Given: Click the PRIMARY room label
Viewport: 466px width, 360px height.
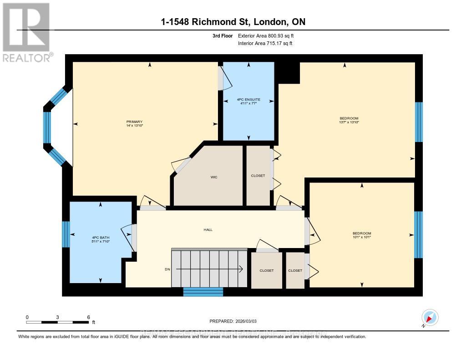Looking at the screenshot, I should (135, 122).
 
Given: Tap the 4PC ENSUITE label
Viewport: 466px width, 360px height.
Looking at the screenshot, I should (248, 99).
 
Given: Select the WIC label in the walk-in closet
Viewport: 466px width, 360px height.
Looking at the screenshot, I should (214, 177).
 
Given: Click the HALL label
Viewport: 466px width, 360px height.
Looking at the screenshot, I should (208, 230).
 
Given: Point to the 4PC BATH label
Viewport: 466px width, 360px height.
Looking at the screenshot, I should (101, 238).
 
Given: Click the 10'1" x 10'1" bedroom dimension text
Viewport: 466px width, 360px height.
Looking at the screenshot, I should (362, 237).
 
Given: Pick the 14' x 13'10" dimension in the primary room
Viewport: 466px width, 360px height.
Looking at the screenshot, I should (135, 126).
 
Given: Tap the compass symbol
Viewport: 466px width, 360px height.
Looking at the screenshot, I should (430, 317).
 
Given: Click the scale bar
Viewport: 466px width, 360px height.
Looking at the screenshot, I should (57, 322).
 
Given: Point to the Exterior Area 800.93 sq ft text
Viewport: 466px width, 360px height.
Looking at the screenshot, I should (269, 35).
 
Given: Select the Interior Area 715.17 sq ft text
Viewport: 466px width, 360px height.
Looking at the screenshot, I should (265, 43).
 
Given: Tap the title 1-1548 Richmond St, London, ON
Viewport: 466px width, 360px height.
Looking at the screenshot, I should (233, 22).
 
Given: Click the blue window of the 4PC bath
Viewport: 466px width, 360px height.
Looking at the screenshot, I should (66, 234).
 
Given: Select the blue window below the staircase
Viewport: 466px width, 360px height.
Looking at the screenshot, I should (203, 292).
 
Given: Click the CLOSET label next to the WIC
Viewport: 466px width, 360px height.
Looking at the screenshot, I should (258, 176).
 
